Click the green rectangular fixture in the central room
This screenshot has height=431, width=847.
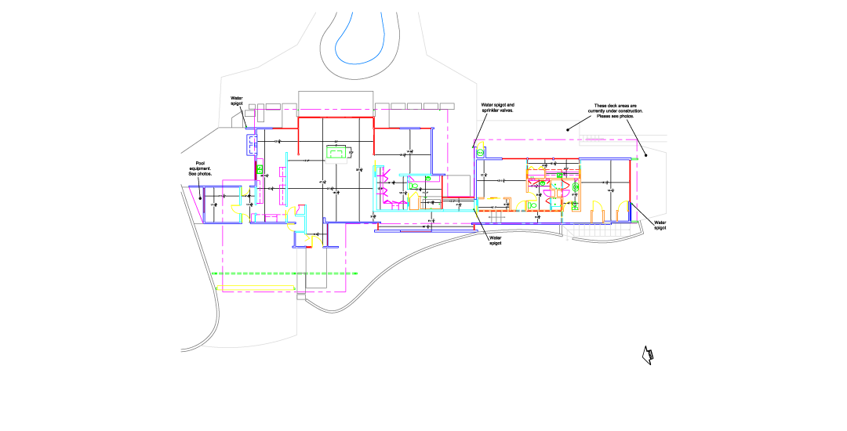tap(336, 154)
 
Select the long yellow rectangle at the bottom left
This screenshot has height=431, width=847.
tap(256, 288)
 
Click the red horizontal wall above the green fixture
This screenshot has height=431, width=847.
tap(336, 118)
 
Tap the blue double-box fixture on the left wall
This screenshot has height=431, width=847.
tap(252, 145)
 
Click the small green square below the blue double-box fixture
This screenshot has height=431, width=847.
tap(260, 169)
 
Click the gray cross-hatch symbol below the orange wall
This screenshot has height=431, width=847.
tap(496, 216)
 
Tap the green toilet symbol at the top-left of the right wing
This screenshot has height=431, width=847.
tap(480, 152)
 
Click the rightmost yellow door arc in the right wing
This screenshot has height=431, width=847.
tap(623, 209)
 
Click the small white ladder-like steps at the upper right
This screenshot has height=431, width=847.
tap(592, 139)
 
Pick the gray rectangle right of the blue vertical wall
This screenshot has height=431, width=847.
tap(458, 185)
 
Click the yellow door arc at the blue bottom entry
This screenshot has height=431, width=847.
tap(317, 240)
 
